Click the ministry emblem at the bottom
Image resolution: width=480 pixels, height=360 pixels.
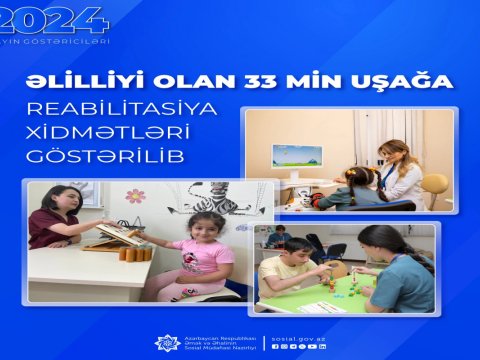tap(167, 342)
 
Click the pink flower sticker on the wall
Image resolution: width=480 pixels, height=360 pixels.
tap(134, 195)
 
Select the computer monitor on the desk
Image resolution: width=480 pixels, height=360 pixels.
tap(297, 156)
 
